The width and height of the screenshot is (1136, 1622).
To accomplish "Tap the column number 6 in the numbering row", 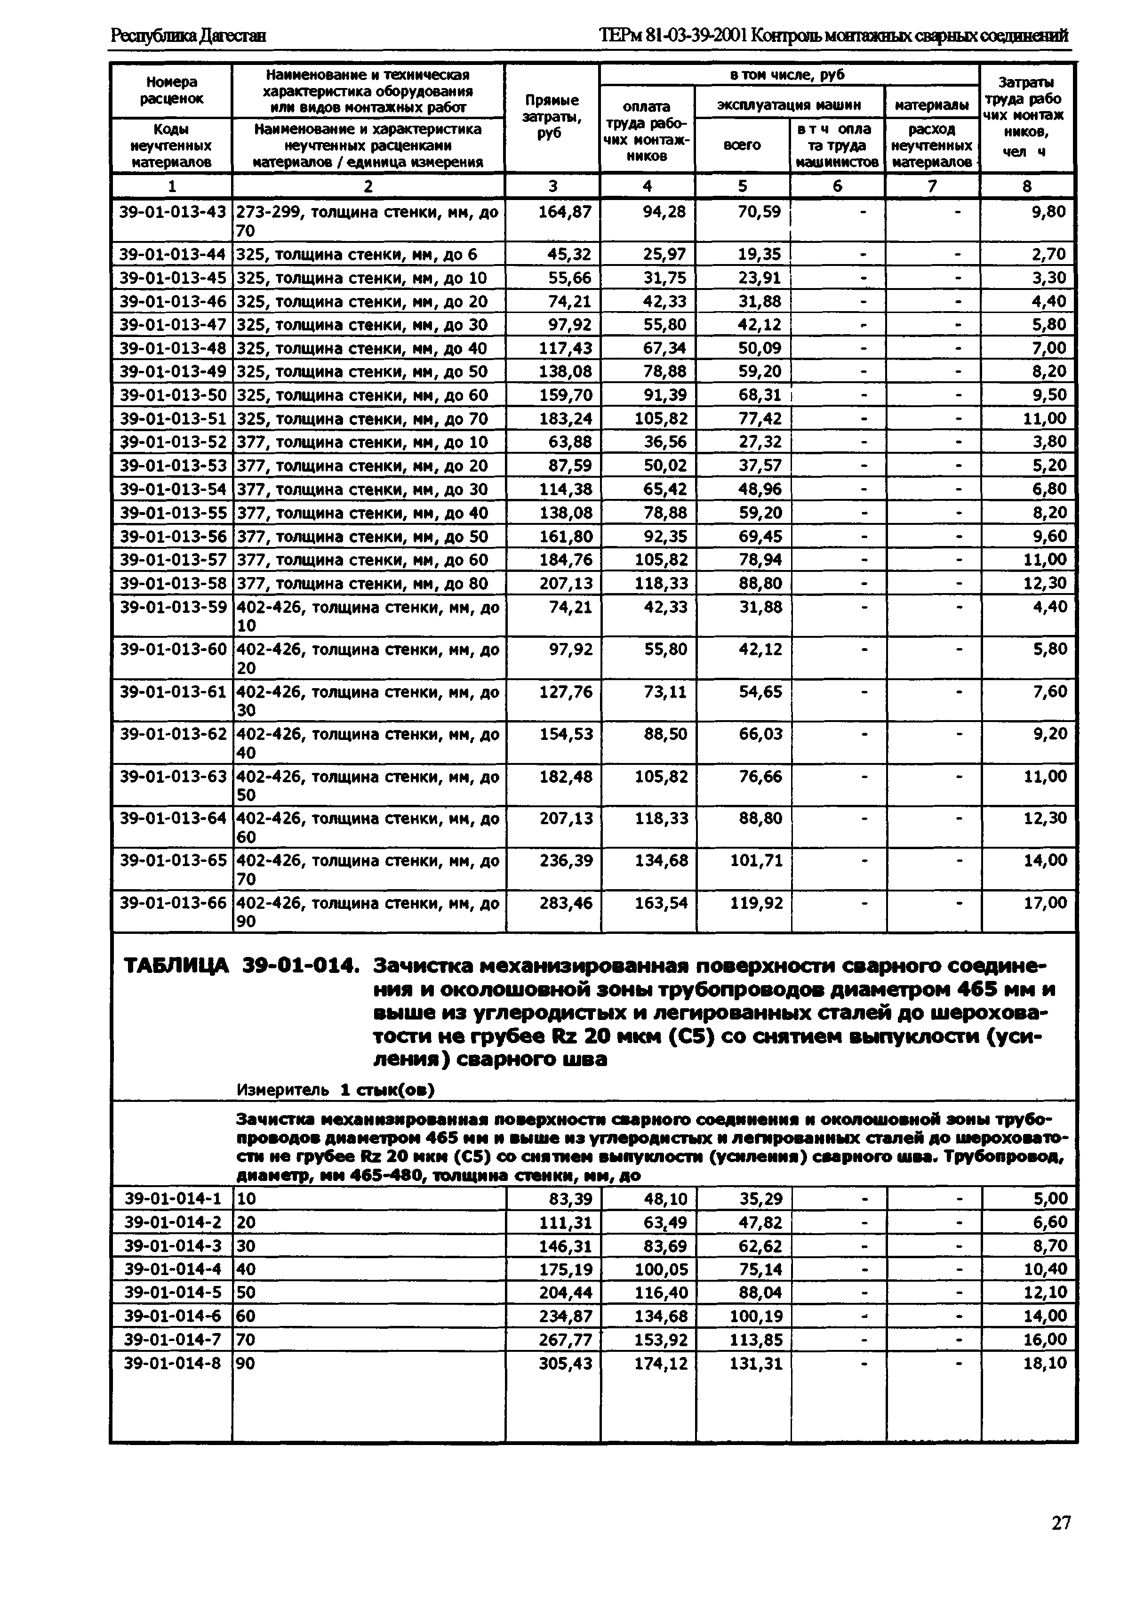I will click(x=837, y=186).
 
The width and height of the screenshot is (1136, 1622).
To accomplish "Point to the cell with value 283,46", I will click(x=566, y=902).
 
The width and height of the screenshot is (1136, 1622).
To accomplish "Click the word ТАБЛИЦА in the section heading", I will click(x=176, y=965).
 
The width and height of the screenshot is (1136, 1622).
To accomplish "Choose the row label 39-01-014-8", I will click(x=172, y=1363).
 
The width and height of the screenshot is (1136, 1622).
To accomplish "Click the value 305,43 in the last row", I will click(x=565, y=1363).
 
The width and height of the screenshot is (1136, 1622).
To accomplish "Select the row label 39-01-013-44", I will click(x=172, y=254).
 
